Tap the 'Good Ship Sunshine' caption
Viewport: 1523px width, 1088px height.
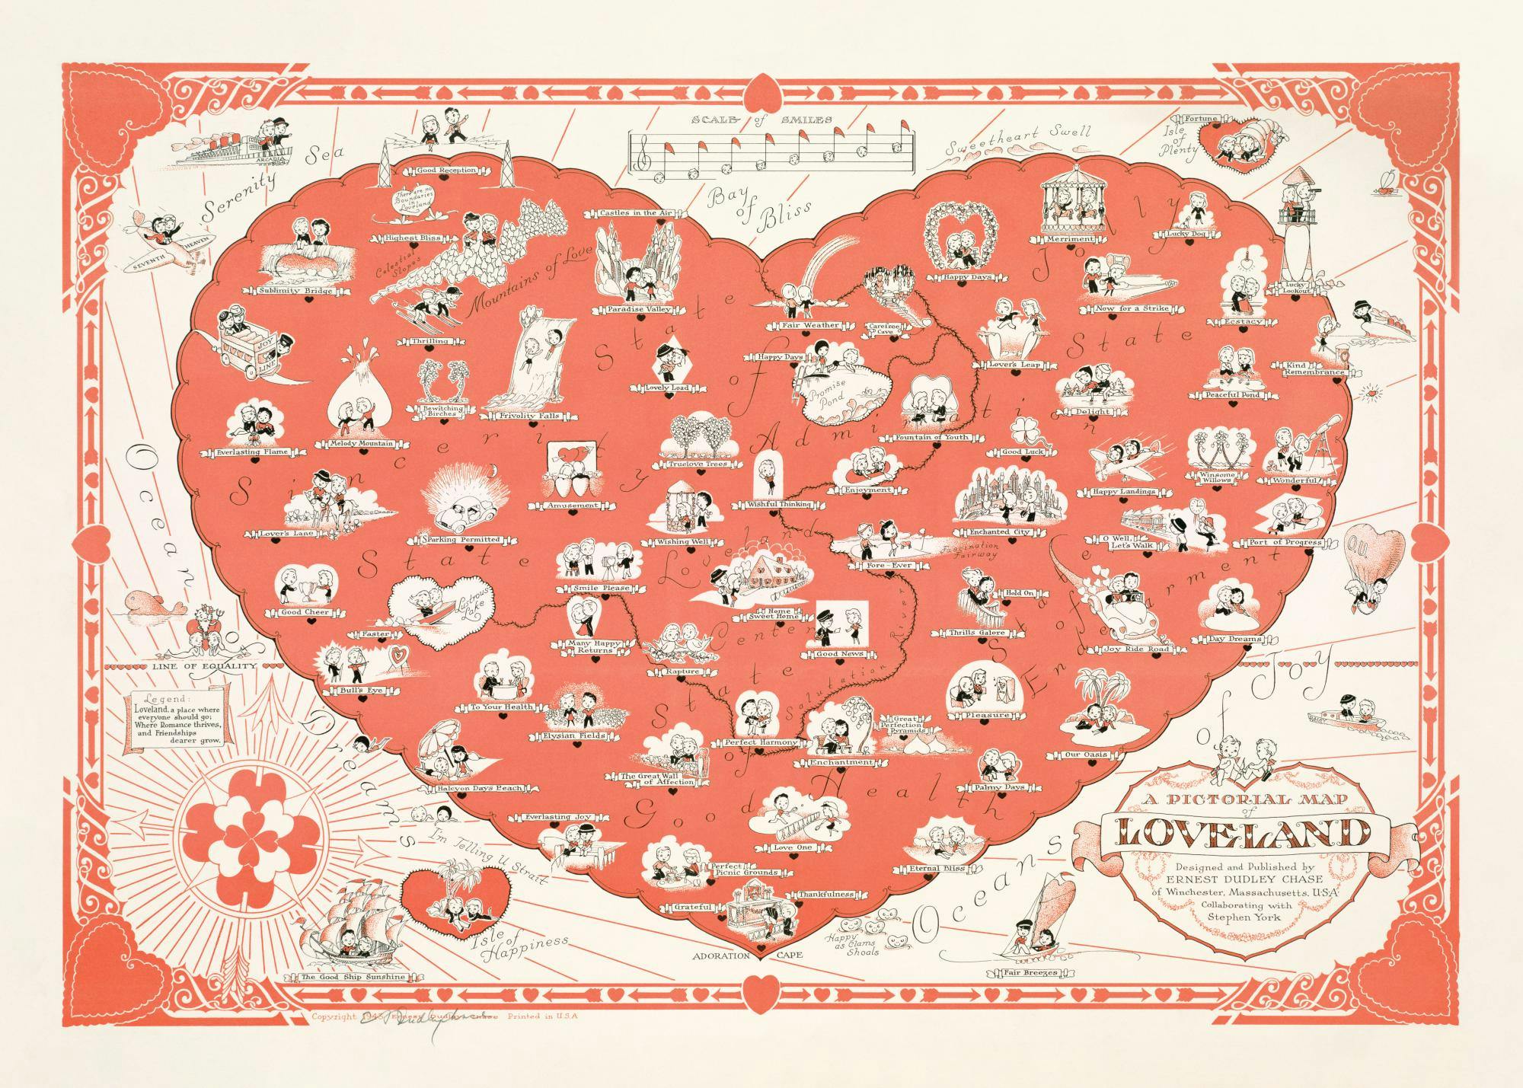pyautogui.click(x=353, y=977)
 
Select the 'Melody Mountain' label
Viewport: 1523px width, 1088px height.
pyautogui.click(x=361, y=443)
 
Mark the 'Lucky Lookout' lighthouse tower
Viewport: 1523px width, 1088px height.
pyautogui.click(x=1292, y=232)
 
